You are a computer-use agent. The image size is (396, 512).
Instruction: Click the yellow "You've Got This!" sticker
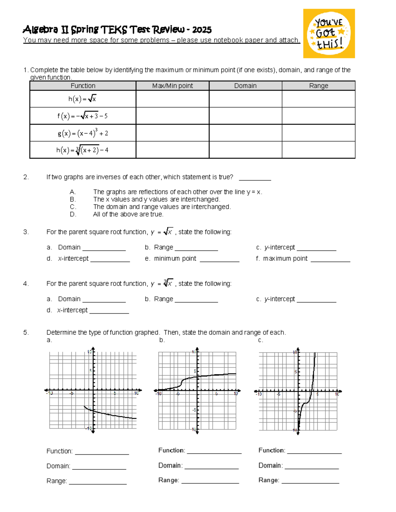click(x=329, y=34)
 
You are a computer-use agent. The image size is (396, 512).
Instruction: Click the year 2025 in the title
click(x=202, y=30)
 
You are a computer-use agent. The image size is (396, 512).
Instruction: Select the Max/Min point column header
click(x=172, y=86)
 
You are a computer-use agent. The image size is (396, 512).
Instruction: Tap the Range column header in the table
click(x=318, y=86)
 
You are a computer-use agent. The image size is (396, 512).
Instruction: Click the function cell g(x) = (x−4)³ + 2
click(x=83, y=133)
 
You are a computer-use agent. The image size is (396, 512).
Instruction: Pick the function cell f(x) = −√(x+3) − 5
click(x=83, y=116)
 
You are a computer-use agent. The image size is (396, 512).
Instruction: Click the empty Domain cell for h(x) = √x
click(x=245, y=99)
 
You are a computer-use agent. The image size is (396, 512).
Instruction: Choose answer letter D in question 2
click(x=73, y=214)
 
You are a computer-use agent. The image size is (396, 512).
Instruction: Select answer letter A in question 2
click(x=73, y=192)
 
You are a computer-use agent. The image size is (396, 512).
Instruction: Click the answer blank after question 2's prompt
click(x=255, y=178)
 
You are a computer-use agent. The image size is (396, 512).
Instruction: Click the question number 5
click(x=26, y=332)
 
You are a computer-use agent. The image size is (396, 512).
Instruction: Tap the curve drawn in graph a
click(x=112, y=415)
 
